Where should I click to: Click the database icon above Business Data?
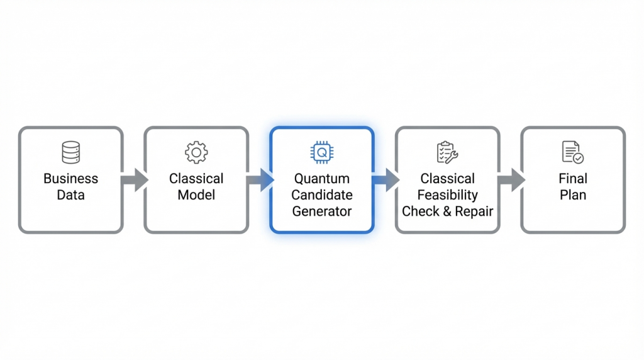pos(70,152)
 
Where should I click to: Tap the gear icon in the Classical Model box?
pos(196,152)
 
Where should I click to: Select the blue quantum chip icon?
pos(322,152)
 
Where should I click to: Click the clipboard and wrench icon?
pos(448,152)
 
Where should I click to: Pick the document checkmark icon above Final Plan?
pos(573,152)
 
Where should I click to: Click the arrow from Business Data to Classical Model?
pos(133,180)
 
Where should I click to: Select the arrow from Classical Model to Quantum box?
pos(259,180)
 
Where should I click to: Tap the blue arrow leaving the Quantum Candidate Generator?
pos(385,180)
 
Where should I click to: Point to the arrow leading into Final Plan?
pos(511,180)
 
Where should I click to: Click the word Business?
pos(70,179)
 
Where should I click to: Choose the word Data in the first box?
pos(70,195)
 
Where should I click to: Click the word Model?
pos(196,195)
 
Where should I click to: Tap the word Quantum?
pos(322,179)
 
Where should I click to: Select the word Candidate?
pos(322,195)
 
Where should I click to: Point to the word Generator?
pos(322,211)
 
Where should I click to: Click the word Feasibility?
pos(448,195)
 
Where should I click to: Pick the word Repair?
pos(473,211)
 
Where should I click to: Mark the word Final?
pos(573,179)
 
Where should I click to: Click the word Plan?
pos(573,195)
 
